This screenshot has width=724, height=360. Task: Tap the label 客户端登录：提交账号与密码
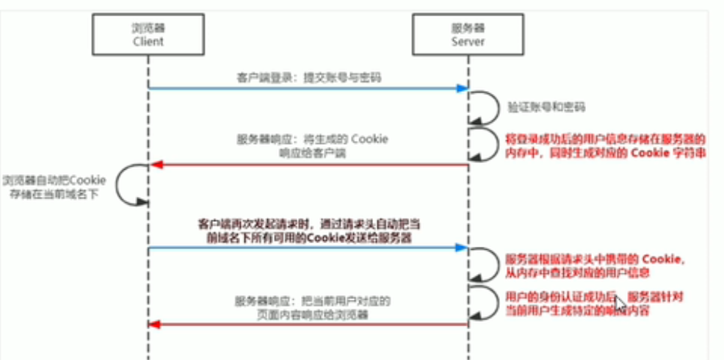pyautogui.click(x=308, y=76)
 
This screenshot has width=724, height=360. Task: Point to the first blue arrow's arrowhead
pyautogui.click(x=463, y=89)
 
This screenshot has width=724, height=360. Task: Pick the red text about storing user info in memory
pyautogui.click(x=607, y=145)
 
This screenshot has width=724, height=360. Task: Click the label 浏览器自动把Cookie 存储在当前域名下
pyautogui.click(x=55, y=187)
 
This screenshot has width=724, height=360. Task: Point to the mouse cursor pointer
pyautogui.click(x=620, y=303)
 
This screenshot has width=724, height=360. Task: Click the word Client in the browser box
pyautogui.click(x=148, y=42)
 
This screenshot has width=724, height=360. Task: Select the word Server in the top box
pyautogui.click(x=467, y=42)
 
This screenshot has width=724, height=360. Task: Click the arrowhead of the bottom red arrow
pyautogui.click(x=154, y=323)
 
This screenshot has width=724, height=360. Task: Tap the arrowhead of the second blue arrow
pyautogui.click(x=463, y=247)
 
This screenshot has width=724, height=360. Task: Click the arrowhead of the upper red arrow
pyautogui.click(x=154, y=165)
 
